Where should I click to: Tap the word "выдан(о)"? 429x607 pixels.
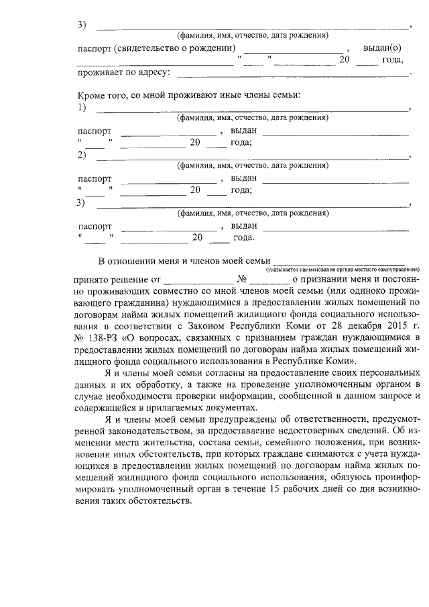coord(382,48)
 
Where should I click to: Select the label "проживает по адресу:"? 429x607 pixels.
coord(124,72)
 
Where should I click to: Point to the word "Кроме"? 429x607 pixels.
coord(92,95)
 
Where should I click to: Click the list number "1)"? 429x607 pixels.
coord(82,107)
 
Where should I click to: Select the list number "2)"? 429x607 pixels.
coord(82,156)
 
